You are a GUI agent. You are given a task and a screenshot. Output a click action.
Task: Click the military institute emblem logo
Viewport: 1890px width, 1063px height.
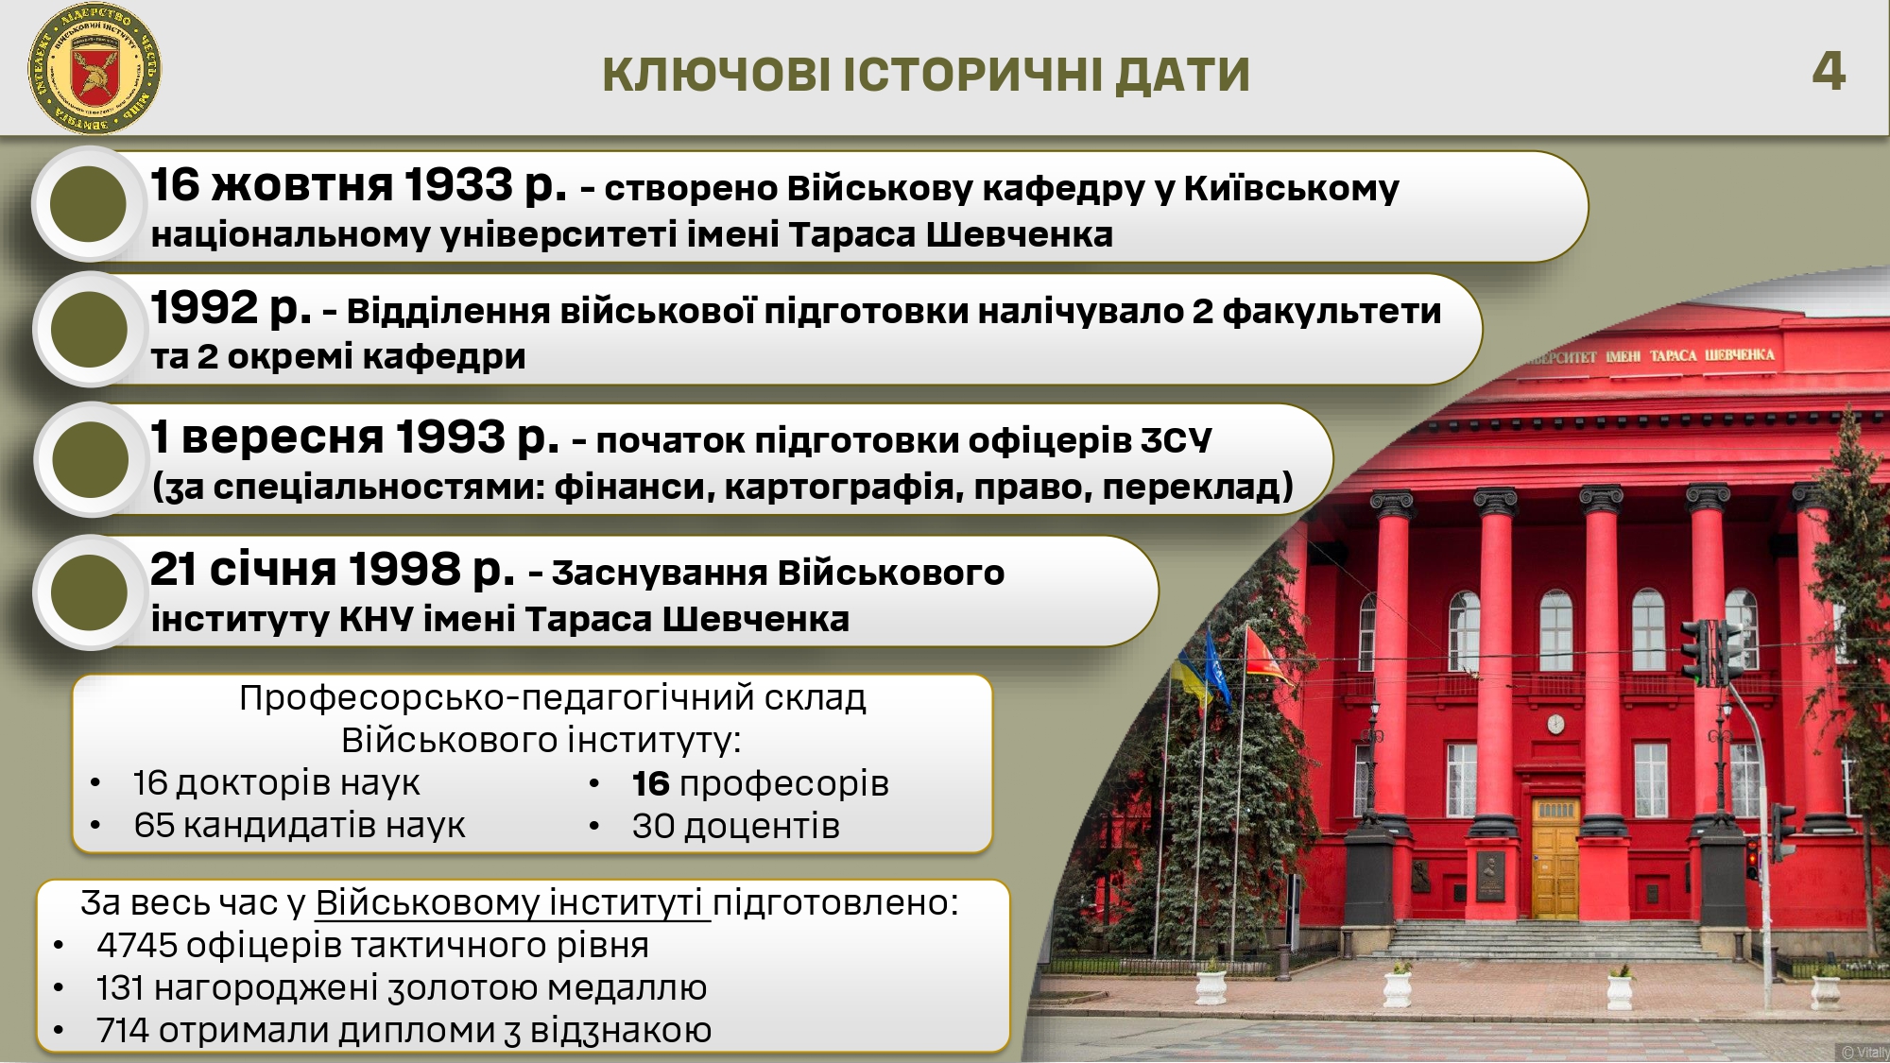click(x=94, y=69)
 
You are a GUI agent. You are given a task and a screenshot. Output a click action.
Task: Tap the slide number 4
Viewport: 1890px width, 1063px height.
click(x=1829, y=71)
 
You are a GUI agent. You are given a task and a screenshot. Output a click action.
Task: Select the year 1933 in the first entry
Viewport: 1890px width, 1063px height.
click(x=458, y=184)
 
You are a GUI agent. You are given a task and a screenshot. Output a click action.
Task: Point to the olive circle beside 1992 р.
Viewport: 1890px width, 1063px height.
click(x=89, y=329)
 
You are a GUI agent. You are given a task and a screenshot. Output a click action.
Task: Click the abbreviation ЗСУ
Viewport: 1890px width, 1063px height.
click(x=1176, y=440)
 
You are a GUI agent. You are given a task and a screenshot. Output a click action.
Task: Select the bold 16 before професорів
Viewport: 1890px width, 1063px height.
click(x=651, y=783)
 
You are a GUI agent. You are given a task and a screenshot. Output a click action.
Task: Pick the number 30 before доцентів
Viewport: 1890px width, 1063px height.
click(x=653, y=826)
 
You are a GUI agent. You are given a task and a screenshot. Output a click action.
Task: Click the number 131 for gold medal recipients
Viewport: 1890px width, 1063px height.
click(x=120, y=987)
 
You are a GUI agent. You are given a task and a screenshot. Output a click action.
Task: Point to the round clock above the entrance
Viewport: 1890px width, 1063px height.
click(x=1555, y=724)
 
